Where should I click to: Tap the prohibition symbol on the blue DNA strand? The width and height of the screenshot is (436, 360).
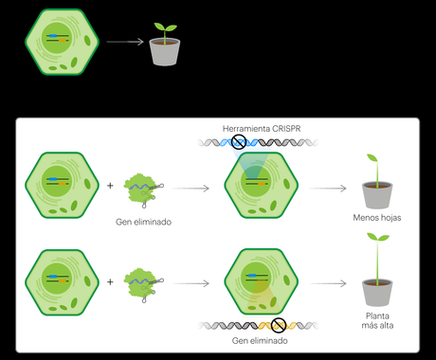pyautogui.click(x=239, y=143)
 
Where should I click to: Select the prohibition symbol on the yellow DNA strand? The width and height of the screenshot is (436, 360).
pyautogui.click(x=278, y=324)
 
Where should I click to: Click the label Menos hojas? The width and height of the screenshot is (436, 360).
pyautogui.click(x=377, y=217)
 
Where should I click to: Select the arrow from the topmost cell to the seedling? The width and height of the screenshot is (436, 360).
pyautogui.click(x=125, y=42)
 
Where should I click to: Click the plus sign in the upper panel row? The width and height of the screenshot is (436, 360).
pyautogui.click(x=111, y=186)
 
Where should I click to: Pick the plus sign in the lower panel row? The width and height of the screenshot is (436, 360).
pyautogui.click(x=111, y=280)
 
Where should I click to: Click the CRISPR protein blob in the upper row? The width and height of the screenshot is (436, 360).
pyautogui.click(x=140, y=188)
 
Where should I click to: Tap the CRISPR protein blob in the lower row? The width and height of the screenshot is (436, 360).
pyautogui.click(x=140, y=281)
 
